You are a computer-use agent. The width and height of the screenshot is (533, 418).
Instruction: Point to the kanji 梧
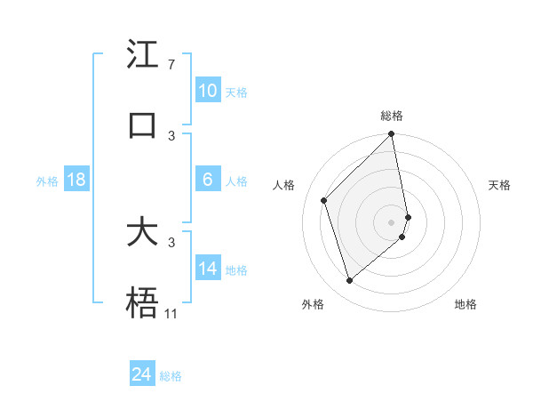point(143,303)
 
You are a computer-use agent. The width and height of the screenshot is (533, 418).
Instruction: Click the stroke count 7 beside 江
point(171,65)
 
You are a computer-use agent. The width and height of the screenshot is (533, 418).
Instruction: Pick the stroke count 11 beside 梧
point(171,314)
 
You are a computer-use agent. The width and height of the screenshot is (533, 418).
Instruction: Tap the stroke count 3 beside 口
point(171,135)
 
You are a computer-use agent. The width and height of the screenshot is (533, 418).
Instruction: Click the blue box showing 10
point(208,90)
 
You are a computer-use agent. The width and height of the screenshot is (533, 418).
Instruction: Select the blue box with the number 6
point(208,179)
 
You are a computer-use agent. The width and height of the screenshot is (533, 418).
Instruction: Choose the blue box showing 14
point(208,268)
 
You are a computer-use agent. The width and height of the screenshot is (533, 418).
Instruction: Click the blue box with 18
point(76,179)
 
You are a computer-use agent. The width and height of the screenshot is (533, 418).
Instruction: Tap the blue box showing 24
point(142,374)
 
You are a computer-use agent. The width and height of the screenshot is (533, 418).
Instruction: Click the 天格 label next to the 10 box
point(236,92)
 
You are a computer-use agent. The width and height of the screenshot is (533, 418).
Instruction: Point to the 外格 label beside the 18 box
point(47,181)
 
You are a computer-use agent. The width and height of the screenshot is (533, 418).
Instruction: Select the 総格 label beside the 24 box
point(171,376)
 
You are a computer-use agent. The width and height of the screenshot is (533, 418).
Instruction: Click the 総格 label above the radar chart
point(392,116)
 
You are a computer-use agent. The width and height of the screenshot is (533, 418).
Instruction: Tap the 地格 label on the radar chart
point(465,304)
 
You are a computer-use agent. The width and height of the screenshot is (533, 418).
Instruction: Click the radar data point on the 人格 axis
point(324,200)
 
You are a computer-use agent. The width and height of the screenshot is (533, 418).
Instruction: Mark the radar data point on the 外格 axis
point(350,281)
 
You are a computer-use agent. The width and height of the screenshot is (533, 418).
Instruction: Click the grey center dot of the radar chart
point(392,221)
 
